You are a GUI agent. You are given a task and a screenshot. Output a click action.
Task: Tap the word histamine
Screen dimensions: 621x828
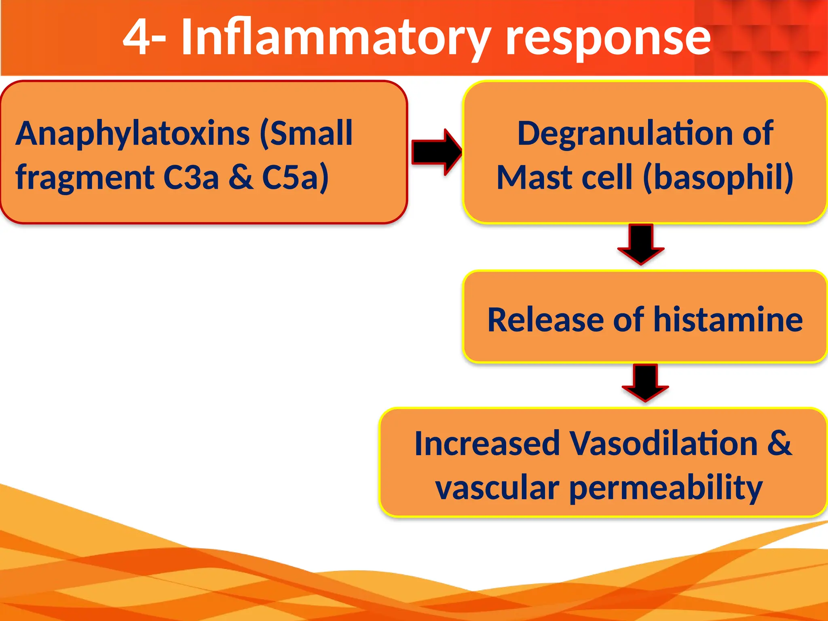728,319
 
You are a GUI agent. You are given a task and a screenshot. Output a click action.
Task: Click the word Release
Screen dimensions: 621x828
545,319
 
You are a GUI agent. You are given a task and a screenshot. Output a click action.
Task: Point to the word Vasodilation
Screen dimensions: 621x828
663,444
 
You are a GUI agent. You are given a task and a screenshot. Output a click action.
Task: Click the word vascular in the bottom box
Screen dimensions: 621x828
497,488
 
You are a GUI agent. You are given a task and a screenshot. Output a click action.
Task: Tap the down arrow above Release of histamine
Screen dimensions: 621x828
641,244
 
